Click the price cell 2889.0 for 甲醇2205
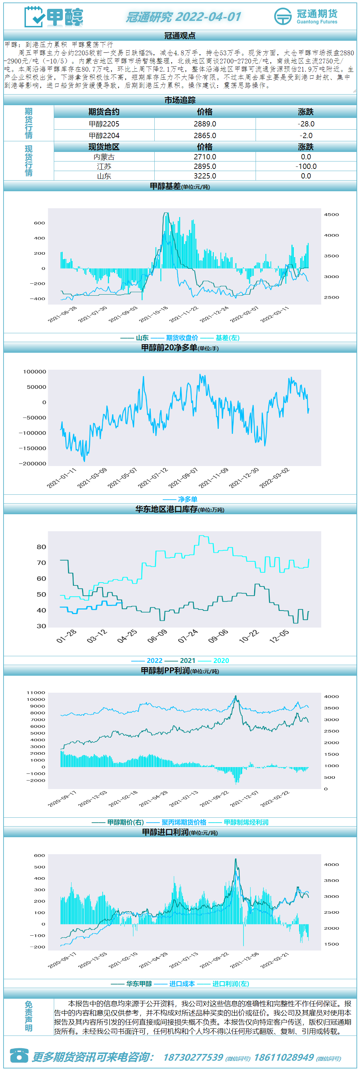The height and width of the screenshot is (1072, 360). (205, 124)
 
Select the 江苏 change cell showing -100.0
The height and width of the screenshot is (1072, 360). (306, 166)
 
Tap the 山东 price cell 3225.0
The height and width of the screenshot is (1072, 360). (205, 176)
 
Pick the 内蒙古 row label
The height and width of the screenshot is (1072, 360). (104, 157)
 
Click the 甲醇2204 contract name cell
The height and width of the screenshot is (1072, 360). (104, 136)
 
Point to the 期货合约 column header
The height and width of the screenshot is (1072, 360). (104, 112)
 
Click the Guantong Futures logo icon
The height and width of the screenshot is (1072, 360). (283, 16)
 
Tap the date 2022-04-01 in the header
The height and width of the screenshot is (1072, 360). (208, 17)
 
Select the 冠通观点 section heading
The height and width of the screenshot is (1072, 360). (180, 36)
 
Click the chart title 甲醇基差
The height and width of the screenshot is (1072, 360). (165, 186)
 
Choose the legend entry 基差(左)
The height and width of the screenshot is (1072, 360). (227, 338)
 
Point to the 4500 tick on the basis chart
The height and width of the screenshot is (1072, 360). (331, 215)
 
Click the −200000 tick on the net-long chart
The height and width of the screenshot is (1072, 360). (33, 464)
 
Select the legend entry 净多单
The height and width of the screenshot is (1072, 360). (188, 499)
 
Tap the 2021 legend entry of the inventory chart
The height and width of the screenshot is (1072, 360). (188, 660)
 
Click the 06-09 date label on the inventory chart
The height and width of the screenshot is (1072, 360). (157, 636)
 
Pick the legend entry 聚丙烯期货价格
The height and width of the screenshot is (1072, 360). (184, 822)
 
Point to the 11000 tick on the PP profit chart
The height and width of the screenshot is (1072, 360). (36, 692)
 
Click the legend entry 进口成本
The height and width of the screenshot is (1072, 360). (182, 984)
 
